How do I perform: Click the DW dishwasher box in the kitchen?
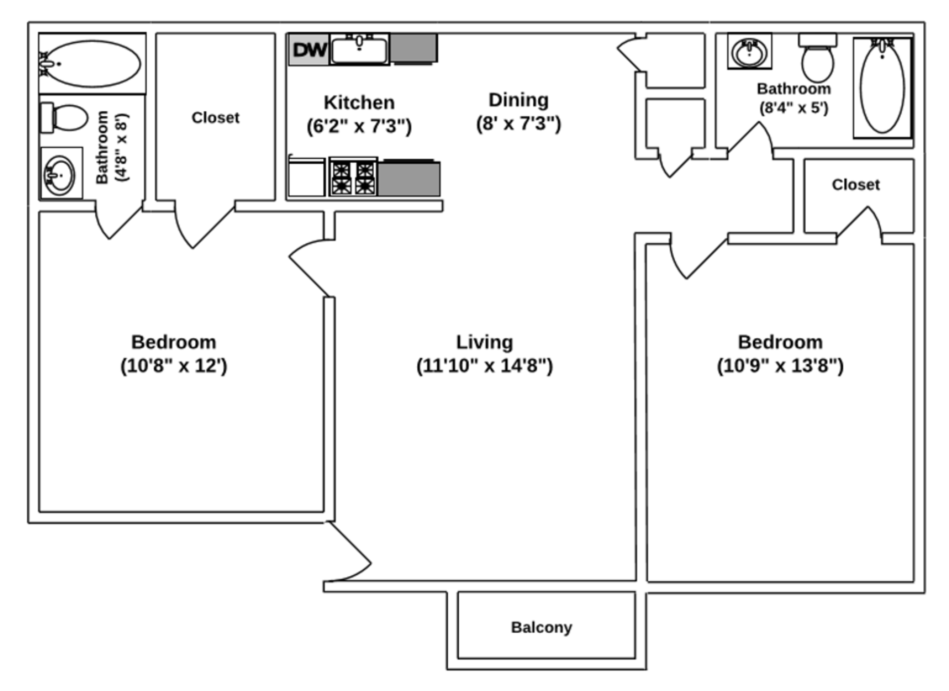click(x=309, y=49)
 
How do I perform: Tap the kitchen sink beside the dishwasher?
click(x=359, y=50)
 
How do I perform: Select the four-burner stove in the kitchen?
click(x=353, y=178)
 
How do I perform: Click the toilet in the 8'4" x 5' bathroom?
click(x=818, y=59)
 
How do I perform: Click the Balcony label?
click(x=541, y=627)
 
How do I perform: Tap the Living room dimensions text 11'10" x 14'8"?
click(x=484, y=366)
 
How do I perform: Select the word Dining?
click(x=518, y=100)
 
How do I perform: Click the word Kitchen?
click(x=359, y=102)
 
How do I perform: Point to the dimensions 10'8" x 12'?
click(x=174, y=366)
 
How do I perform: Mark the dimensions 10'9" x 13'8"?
click(x=780, y=366)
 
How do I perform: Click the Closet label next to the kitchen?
click(x=216, y=118)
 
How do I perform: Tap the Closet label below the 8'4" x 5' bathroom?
click(x=856, y=184)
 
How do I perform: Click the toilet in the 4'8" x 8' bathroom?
click(x=67, y=118)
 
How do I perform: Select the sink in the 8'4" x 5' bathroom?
click(x=750, y=51)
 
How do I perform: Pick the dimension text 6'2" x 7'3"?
click(x=359, y=126)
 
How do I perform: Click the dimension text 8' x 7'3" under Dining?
click(x=518, y=123)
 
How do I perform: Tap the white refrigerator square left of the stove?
click(x=307, y=178)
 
